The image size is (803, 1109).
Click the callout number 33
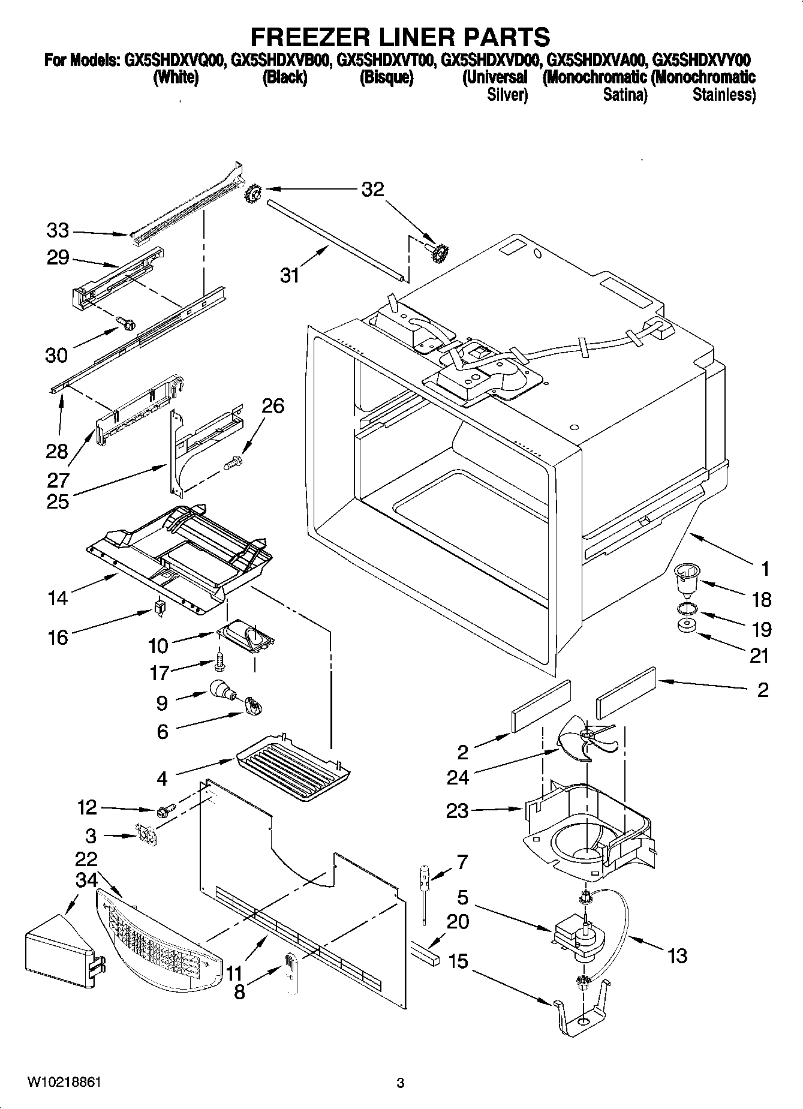(58, 230)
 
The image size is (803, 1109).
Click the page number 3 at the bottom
(400, 1083)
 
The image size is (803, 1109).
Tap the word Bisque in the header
(386, 78)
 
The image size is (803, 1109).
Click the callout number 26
(273, 406)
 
